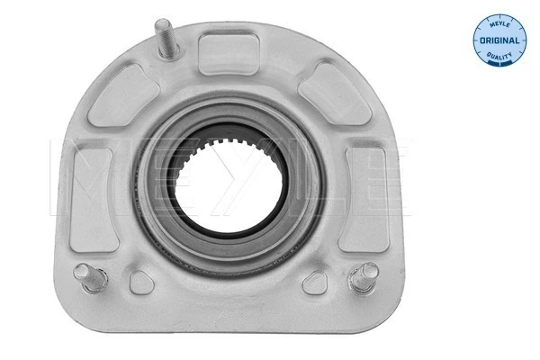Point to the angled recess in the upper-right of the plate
(323, 93)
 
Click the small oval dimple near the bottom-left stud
(141, 283)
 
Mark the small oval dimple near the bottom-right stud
(313, 283)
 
